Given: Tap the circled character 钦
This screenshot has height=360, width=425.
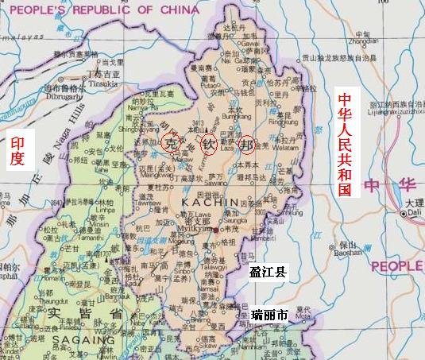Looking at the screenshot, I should tap(208, 145).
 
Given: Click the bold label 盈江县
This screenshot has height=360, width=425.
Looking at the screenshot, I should tap(268, 272).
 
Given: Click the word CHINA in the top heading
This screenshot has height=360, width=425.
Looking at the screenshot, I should tap(172, 10).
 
